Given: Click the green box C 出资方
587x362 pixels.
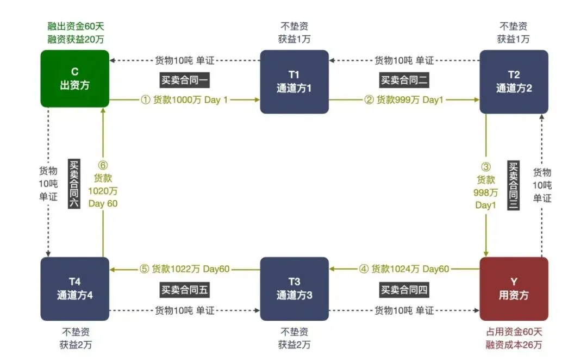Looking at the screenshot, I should (x=74, y=79).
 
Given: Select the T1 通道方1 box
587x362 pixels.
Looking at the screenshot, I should (x=294, y=82).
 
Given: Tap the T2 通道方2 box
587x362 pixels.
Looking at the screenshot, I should (x=514, y=82).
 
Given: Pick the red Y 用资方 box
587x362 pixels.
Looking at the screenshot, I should (x=514, y=289).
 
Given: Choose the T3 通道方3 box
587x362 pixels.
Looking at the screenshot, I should (x=294, y=289).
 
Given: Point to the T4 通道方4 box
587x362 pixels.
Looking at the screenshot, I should (x=74, y=289).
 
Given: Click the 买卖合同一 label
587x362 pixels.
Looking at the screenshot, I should (x=185, y=80).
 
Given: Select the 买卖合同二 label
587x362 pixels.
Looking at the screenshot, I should (x=404, y=80).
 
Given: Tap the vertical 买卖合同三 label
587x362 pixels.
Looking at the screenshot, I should (x=513, y=185).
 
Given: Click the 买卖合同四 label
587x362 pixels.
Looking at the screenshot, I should (x=404, y=290).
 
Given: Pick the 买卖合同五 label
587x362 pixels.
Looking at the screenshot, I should (x=185, y=290).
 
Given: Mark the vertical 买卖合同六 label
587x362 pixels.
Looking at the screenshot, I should (x=74, y=185).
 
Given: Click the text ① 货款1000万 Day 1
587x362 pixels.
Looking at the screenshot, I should (x=184, y=100).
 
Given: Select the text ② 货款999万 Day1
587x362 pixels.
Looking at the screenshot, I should (x=403, y=100).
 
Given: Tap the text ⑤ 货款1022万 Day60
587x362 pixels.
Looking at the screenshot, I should (x=185, y=269).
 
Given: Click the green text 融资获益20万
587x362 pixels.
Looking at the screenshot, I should (x=74, y=39).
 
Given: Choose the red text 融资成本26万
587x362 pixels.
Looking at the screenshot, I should (x=514, y=344).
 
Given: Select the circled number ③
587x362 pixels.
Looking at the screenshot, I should (x=486, y=167).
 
